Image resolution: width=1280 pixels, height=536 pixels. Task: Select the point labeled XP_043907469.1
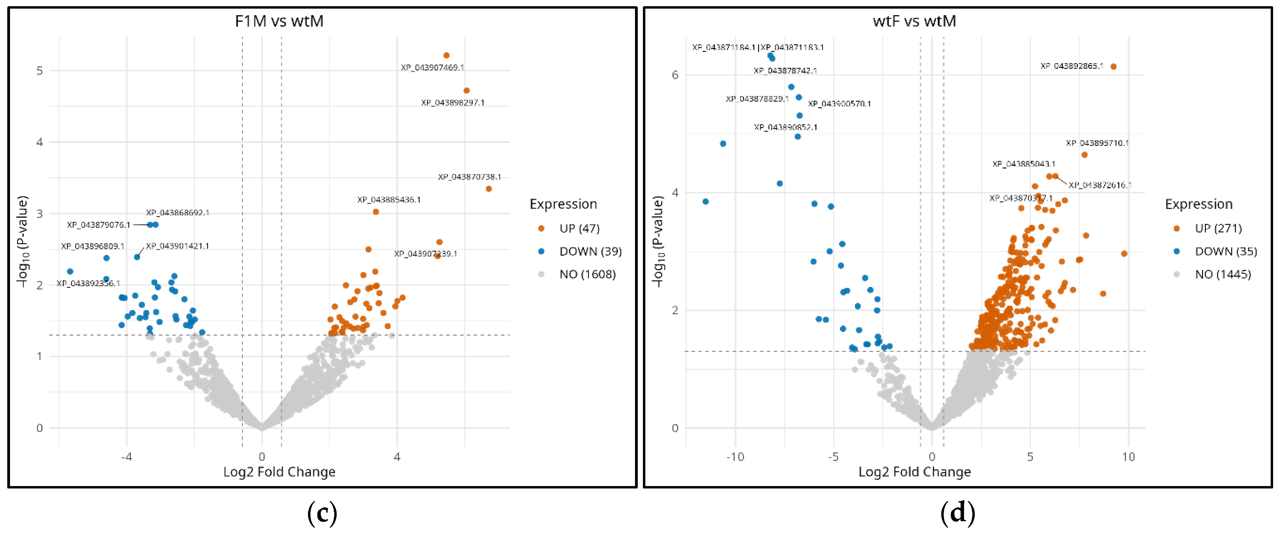[x=446, y=55]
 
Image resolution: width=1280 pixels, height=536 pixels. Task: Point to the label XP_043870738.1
[x=469, y=177]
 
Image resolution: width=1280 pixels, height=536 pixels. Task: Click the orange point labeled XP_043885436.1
[x=376, y=212]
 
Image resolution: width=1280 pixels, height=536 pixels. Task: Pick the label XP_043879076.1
[x=98, y=225]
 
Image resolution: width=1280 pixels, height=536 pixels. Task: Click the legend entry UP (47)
[x=579, y=228]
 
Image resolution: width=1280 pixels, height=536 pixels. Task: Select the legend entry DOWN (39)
[x=590, y=251]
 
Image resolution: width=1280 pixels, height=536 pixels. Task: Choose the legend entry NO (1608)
[x=587, y=275]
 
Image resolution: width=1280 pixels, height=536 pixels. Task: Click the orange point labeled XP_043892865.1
[x=1113, y=66]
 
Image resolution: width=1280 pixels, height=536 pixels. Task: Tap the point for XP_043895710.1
[x=1084, y=155]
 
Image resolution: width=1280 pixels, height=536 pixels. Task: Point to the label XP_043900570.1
[x=839, y=104]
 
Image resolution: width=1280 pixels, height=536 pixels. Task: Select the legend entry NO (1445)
[x=1222, y=275]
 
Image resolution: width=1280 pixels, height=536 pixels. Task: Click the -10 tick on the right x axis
[x=735, y=456]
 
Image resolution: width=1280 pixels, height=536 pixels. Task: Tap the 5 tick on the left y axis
[x=39, y=71]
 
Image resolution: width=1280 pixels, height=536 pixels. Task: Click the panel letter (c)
[x=322, y=513]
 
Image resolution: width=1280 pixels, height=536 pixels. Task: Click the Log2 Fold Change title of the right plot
[x=914, y=472]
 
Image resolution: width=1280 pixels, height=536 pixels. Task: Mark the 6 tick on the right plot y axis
[x=675, y=75]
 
